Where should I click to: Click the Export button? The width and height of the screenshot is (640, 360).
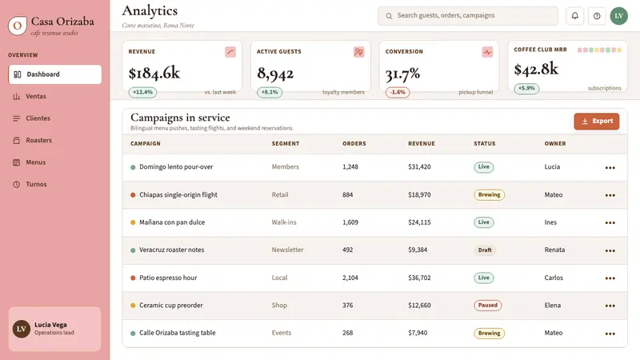(x=596, y=122)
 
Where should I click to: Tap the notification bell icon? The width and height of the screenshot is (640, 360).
(x=574, y=16)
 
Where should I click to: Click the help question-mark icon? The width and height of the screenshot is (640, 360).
(x=597, y=16)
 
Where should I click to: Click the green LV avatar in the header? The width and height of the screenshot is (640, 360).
(x=618, y=16)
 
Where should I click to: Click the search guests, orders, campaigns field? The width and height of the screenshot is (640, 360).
(x=468, y=16)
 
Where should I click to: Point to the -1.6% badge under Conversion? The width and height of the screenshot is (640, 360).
(x=398, y=92)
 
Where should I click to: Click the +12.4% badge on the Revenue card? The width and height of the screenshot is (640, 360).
(x=142, y=92)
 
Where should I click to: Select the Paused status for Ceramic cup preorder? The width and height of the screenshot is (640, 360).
(x=488, y=306)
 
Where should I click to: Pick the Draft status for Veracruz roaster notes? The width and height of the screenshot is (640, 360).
(x=485, y=250)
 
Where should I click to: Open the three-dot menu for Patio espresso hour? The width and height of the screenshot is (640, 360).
(x=610, y=278)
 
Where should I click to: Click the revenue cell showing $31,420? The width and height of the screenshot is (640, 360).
(x=419, y=167)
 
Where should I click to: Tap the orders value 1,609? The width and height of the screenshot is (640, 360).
(x=350, y=222)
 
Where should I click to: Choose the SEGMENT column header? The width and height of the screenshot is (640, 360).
(x=286, y=144)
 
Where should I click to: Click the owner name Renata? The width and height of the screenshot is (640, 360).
(x=554, y=250)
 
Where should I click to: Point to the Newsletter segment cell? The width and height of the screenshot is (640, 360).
(x=287, y=250)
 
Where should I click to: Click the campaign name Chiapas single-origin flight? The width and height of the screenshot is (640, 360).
(x=178, y=194)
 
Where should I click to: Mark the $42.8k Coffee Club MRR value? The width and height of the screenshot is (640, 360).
(x=536, y=70)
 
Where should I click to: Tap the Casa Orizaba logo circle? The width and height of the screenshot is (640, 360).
(x=18, y=26)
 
